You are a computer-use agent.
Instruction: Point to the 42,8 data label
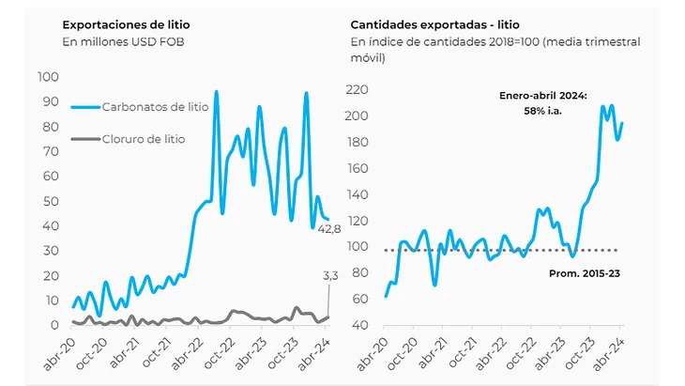(327, 232)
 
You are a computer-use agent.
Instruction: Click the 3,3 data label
(330, 276)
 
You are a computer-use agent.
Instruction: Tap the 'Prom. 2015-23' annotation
(583, 272)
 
